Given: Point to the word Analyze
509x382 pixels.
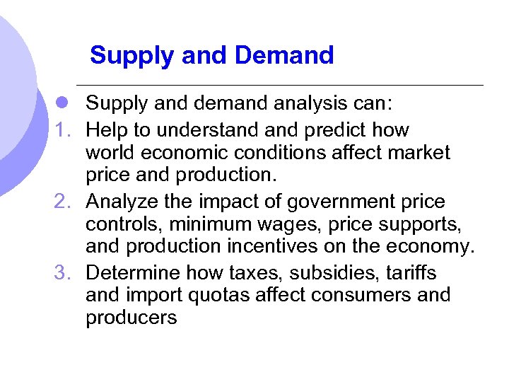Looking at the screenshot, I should [x=122, y=202].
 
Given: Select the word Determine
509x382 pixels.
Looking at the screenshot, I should [x=131, y=272].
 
